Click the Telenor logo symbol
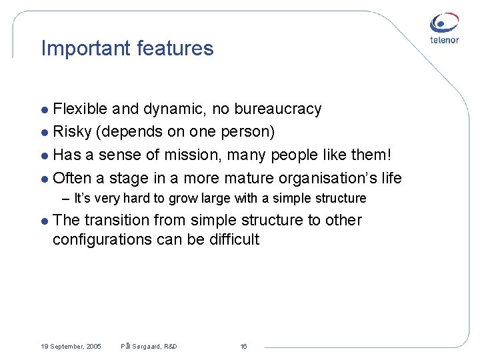click(444, 23)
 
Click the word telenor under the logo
click(444, 40)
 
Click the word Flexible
click(81, 109)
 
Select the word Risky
click(72, 132)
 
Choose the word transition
click(116, 221)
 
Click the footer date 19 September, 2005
click(71, 347)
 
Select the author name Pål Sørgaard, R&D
click(149, 347)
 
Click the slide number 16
click(243, 347)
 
